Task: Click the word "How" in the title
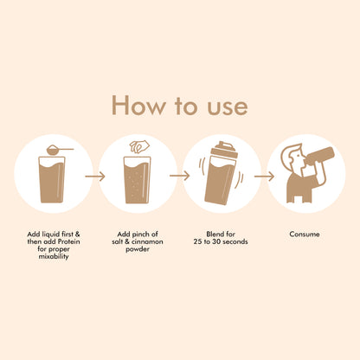point(138,106)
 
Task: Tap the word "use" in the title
point(228,107)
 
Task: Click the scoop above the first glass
point(60,150)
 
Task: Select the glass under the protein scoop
point(52,179)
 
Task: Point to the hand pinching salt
point(139,146)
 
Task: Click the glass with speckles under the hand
point(137,180)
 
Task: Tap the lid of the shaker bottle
point(225,149)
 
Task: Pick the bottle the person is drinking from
point(319,156)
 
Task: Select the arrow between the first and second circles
point(95,176)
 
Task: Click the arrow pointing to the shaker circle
point(180,176)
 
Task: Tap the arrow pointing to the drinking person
point(264,176)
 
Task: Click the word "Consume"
point(305,234)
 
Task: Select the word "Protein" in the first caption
point(69,241)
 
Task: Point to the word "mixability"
point(54,256)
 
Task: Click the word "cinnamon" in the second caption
point(147,241)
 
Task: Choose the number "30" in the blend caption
point(216,241)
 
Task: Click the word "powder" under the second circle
point(138,249)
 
